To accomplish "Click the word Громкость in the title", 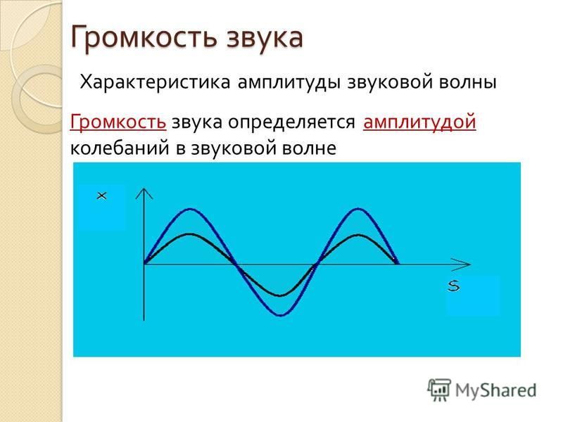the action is pyautogui.click(x=144, y=37).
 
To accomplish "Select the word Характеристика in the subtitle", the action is pyautogui.click(x=155, y=82).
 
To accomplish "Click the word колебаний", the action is pyautogui.click(x=120, y=148).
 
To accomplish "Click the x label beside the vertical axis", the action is pyautogui.click(x=102, y=196).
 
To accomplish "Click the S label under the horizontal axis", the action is pyautogui.click(x=454, y=286).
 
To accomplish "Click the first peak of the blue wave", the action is pyautogui.click(x=190, y=209).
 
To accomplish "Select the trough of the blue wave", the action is pyautogui.click(x=281, y=315).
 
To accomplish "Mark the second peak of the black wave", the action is pyautogui.click(x=358, y=235).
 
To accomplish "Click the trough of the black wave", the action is pyautogui.click(x=280, y=295).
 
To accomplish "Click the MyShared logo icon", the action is pyautogui.click(x=438, y=390).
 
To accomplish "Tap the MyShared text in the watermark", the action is pyautogui.click(x=496, y=390).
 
